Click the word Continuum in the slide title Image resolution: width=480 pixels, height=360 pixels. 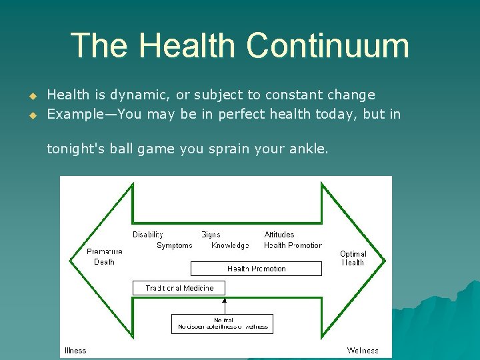click(x=327, y=46)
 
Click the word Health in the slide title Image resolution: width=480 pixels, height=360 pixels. click(x=187, y=46)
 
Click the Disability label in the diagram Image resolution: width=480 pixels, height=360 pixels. click(x=147, y=235)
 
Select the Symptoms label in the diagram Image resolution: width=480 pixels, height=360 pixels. click(x=174, y=245)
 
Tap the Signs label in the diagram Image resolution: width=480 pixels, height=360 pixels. click(x=211, y=235)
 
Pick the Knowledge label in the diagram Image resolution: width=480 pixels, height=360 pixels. click(x=230, y=245)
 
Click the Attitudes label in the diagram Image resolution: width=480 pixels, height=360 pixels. click(x=279, y=235)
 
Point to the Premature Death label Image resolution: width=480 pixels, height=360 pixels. click(x=105, y=257)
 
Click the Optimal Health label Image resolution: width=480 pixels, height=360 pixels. click(x=353, y=258)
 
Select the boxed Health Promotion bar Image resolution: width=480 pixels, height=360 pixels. click(x=256, y=269)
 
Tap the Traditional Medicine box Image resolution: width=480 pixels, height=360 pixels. click(x=180, y=288)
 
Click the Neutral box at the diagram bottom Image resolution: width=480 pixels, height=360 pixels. click(x=223, y=324)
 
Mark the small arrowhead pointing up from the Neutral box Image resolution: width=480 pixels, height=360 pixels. click(x=225, y=300)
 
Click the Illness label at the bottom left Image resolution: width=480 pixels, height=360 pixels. click(x=75, y=351)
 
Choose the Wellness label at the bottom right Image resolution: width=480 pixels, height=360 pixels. click(x=363, y=351)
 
